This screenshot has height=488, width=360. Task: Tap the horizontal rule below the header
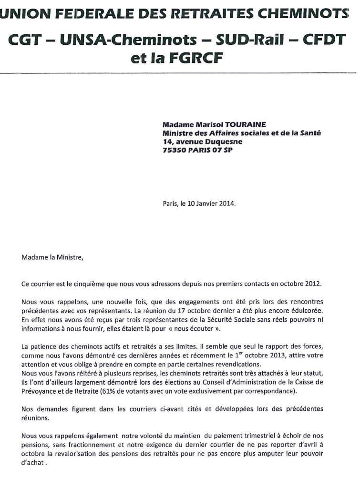click(180, 72)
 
